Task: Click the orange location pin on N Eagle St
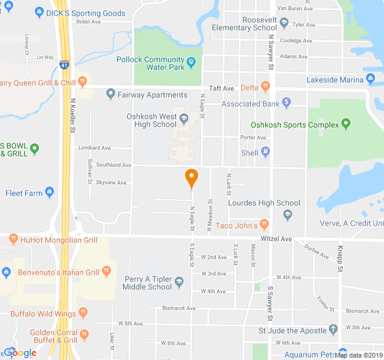(x=191, y=178)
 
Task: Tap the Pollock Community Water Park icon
(x=191, y=60)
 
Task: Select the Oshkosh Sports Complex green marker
(x=345, y=125)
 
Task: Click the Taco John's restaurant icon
(x=263, y=225)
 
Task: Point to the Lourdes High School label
(x=264, y=203)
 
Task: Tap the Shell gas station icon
(x=266, y=152)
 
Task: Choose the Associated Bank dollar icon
(x=286, y=103)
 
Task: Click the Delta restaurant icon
(x=265, y=88)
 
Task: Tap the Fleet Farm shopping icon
(x=49, y=193)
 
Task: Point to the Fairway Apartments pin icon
(x=110, y=94)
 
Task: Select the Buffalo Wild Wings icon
(x=83, y=313)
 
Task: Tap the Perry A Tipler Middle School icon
(x=179, y=280)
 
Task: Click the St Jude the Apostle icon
(x=333, y=330)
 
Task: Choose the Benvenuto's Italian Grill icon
(x=106, y=271)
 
